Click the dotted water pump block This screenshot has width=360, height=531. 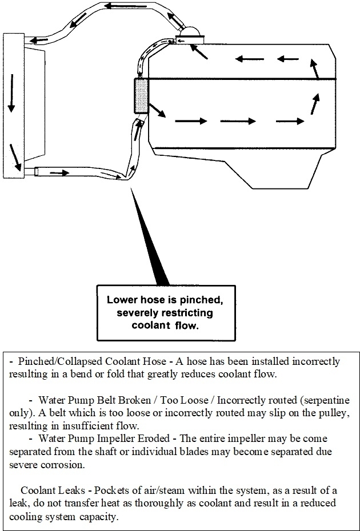point(141,95)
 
